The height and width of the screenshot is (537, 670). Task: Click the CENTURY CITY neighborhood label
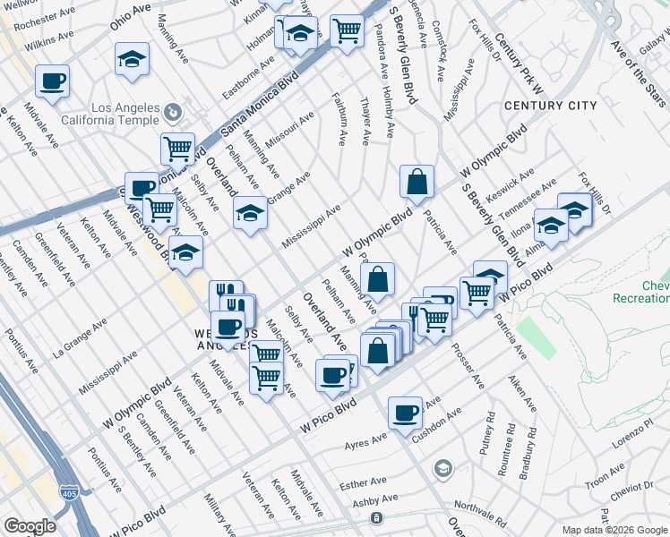point(550,106)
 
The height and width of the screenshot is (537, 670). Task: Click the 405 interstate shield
point(69,491)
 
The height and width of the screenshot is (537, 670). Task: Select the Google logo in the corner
point(30,526)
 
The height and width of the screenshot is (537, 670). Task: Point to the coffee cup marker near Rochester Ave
point(52,81)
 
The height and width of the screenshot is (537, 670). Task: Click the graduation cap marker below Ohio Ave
point(132,60)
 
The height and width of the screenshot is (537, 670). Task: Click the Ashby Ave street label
point(374,502)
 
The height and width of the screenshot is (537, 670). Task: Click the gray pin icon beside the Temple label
point(174,114)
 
